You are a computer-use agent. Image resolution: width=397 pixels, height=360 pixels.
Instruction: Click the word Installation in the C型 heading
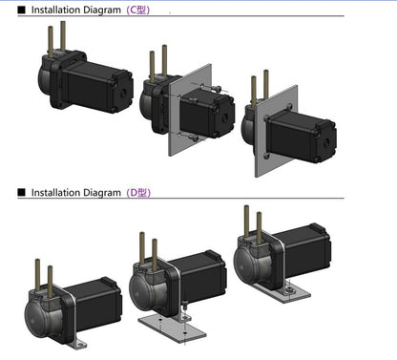pyautogui.click(x=53, y=10)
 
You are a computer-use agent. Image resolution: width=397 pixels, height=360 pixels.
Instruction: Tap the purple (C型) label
pyautogui.click(x=138, y=10)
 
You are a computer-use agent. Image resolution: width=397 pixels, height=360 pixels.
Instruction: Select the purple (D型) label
pyautogui.click(x=138, y=193)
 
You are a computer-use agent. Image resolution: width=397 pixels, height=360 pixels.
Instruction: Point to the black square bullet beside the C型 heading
pyautogui.click(x=21, y=10)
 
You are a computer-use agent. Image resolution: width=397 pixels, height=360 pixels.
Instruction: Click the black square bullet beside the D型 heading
pyautogui.click(x=21, y=193)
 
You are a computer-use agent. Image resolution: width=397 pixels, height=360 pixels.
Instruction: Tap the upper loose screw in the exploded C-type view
pyautogui.click(x=213, y=88)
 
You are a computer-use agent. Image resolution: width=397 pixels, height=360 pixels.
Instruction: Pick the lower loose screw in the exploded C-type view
pyautogui.click(x=193, y=138)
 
